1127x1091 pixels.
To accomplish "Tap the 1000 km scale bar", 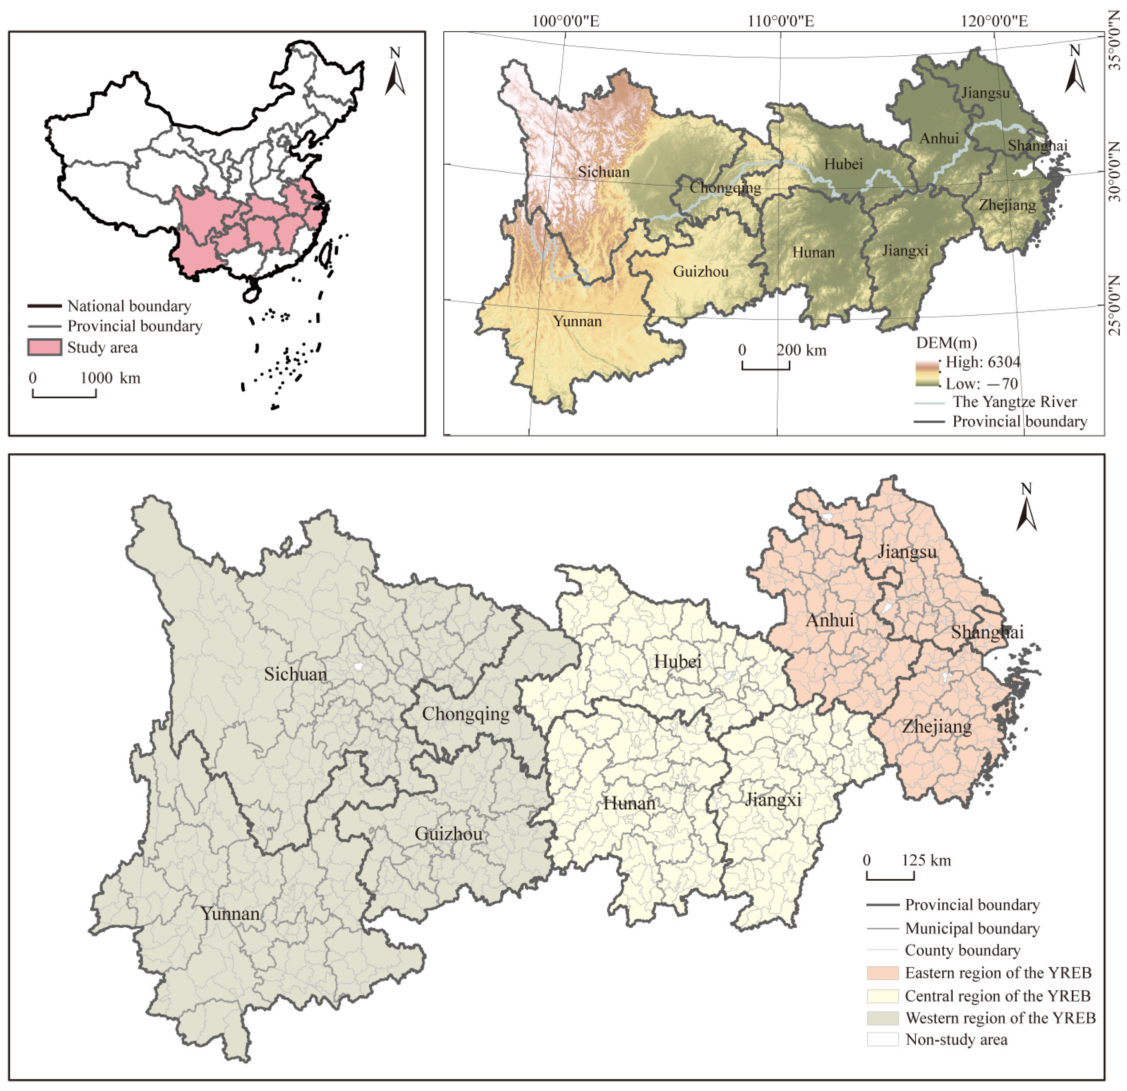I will click(x=64, y=394).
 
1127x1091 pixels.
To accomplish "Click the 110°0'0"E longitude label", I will click(x=780, y=21).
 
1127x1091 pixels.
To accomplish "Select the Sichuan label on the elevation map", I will click(x=603, y=172).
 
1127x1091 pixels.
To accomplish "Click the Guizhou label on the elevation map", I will click(x=700, y=272).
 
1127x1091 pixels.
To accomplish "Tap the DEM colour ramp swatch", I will click(x=927, y=373).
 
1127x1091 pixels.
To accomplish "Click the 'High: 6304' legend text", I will click(x=983, y=362).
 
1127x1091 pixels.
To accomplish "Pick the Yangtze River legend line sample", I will click(x=929, y=403).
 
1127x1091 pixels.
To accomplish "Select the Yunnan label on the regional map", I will click(x=230, y=914).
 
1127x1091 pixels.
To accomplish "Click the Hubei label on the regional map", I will click(x=677, y=662).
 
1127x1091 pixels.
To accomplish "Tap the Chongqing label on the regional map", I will click(x=466, y=714).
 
